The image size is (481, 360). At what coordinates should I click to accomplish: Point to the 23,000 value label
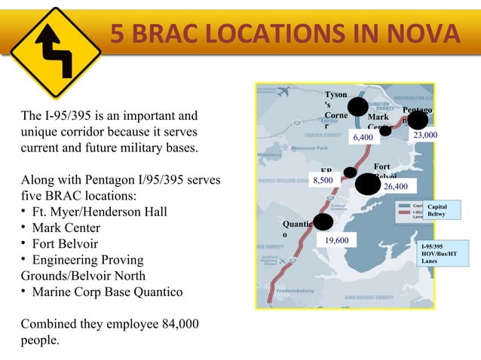pyautogui.click(x=425, y=135)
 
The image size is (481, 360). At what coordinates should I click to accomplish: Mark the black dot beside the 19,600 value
pyautogui.click(x=323, y=222)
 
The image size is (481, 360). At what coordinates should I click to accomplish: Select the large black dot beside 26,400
pyautogui.click(x=368, y=184)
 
